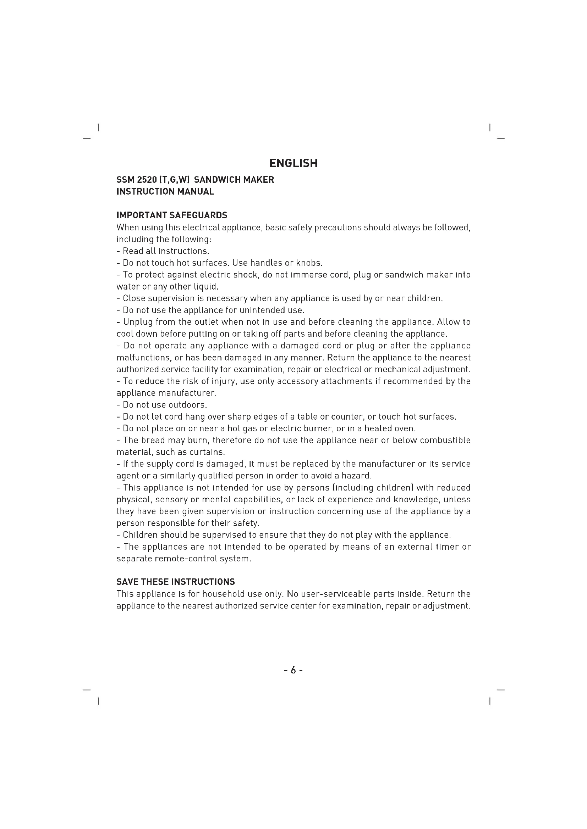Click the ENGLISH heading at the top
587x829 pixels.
tap(293, 163)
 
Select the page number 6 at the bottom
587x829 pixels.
tap(293, 671)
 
